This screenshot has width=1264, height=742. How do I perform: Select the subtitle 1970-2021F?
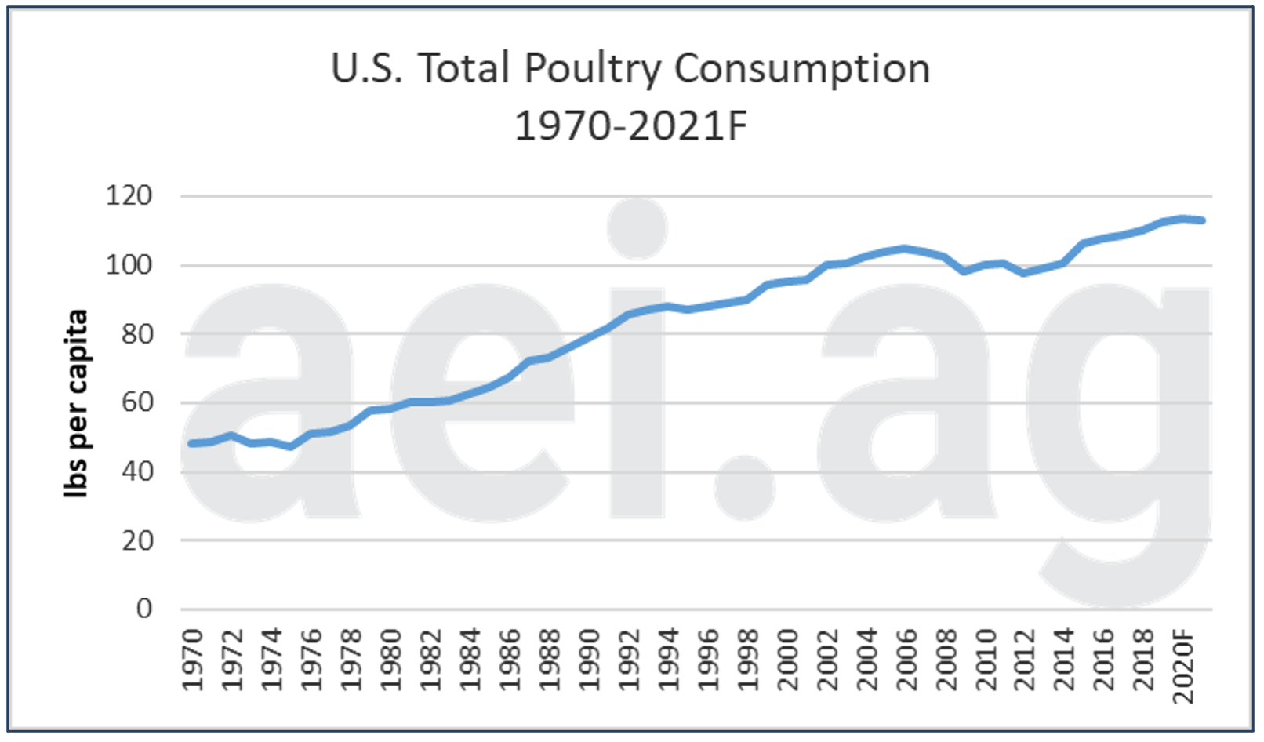(631, 126)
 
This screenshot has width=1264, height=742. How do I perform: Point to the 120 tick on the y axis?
(129, 196)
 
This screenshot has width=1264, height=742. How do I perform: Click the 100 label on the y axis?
(129, 265)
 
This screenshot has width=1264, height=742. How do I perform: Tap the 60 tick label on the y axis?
(136, 403)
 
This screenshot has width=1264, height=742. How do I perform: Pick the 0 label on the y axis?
(144, 609)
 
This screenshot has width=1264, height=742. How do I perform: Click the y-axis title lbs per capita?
(76, 403)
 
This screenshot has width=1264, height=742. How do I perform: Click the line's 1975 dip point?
(291, 446)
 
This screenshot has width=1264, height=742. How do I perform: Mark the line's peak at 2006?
(906, 249)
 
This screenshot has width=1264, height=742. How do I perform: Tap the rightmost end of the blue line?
(1202, 220)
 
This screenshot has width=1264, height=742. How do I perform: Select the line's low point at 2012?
(1024, 273)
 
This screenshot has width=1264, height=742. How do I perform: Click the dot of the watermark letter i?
(637, 228)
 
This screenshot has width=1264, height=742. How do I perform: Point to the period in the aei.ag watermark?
(744, 487)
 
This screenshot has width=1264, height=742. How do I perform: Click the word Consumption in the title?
(801, 69)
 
